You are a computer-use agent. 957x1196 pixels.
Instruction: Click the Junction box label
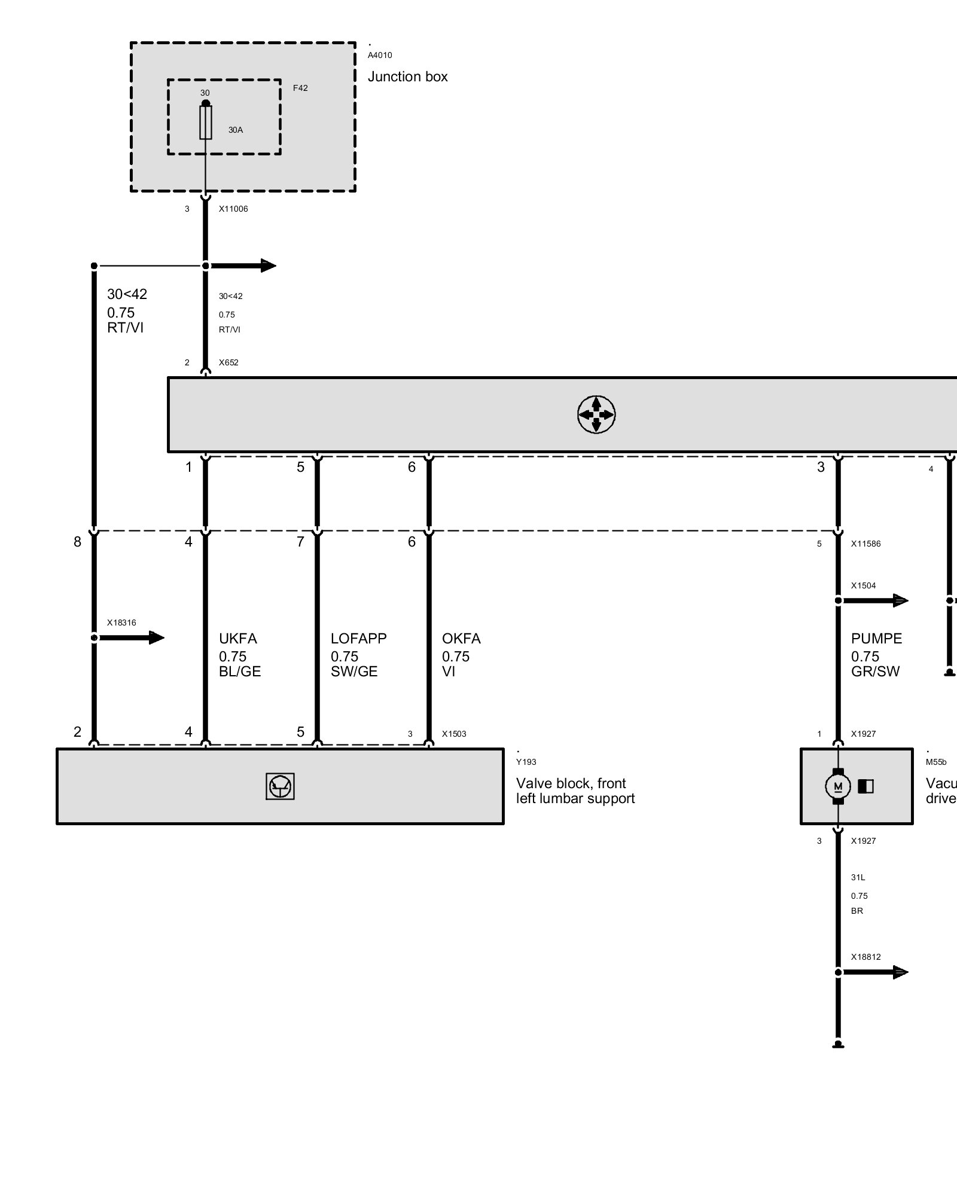(407, 77)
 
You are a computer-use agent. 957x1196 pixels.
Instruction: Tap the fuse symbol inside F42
(206, 123)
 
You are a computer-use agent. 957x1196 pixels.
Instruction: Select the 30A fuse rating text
(236, 130)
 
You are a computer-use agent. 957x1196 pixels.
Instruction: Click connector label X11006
(233, 209)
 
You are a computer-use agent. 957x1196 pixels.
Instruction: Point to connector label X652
(228, 362)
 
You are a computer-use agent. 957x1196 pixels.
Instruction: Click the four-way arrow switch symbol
(596, 414)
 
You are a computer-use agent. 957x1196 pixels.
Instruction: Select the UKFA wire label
(238, 639)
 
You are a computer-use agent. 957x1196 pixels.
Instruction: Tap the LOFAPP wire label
(359, 639)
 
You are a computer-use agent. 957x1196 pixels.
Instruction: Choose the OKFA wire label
(461, 639)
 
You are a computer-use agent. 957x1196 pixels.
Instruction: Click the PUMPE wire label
(876, 639)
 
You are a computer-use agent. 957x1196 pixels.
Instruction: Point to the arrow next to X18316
(129, 638)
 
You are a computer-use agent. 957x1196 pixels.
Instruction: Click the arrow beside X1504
(873, 600)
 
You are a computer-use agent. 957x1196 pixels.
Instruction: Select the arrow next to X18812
(873, 972)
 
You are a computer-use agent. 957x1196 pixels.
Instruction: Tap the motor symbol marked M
(838, 786)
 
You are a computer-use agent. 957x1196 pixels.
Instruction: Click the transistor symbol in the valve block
(280, 786)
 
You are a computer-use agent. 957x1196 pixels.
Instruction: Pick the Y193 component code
(526, 762)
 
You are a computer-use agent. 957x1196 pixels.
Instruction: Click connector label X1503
(454, 734)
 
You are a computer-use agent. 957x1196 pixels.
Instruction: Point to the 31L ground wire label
(858, 877)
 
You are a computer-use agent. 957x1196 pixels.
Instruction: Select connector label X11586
(866, 544)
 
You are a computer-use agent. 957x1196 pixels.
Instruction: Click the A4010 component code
(380, 55)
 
